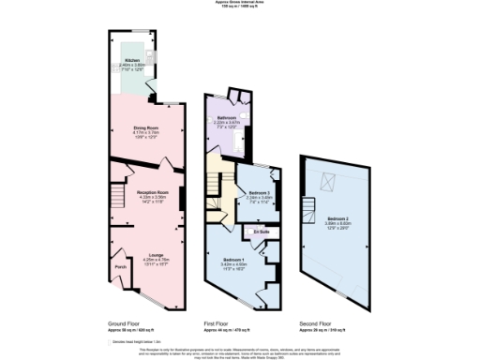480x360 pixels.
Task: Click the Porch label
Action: click(x=120, y=267)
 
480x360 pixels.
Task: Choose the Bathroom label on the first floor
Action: click(x=227, y=118)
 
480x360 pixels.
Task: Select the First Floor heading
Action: click(x=217, y=322)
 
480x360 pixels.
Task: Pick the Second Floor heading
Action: click(x=313, y=322)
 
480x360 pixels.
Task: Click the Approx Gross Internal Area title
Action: click(x=240, y=4)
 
